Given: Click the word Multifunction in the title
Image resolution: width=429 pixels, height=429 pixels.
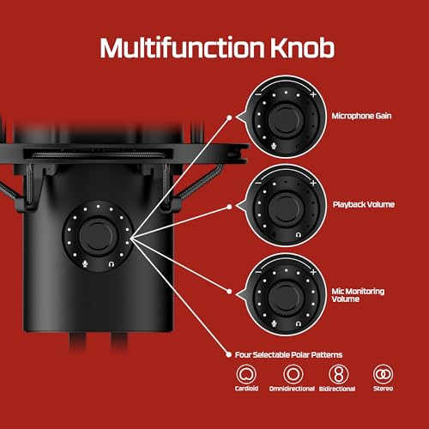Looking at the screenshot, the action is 182,47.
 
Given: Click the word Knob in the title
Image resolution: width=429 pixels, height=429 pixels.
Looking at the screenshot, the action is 302,47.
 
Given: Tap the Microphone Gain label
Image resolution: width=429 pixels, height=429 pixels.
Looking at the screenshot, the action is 361,116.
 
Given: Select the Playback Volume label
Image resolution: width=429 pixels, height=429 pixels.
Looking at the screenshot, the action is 364,204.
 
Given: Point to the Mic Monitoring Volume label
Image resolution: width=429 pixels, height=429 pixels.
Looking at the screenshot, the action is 358,295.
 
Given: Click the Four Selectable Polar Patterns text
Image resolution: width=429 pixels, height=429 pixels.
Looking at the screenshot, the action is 288,355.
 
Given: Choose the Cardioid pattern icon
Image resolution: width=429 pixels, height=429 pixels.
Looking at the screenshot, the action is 246,374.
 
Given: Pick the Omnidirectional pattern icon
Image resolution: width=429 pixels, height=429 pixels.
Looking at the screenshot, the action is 293,374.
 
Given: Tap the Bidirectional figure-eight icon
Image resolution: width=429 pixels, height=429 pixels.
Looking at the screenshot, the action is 338,374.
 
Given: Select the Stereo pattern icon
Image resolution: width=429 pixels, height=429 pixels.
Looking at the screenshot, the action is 383,374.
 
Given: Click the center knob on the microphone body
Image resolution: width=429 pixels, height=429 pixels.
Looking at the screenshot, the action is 98,236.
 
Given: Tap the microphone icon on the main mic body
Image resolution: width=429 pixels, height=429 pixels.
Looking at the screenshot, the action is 85,264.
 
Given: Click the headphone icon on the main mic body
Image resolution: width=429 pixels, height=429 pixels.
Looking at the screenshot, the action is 112,264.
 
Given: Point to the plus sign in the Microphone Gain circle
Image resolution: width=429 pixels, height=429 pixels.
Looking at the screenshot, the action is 313,94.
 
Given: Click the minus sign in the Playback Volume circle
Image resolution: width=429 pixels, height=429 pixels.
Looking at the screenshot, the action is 258,183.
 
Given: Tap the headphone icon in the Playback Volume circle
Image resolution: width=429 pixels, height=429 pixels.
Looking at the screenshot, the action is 299,235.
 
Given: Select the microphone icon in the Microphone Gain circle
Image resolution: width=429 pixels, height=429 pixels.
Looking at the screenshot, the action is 274,146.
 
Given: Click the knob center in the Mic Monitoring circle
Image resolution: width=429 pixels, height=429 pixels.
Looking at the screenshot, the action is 286,296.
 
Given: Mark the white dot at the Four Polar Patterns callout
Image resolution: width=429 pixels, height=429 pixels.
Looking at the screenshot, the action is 228,355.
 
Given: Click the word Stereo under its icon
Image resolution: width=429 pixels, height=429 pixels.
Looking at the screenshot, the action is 383,389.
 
